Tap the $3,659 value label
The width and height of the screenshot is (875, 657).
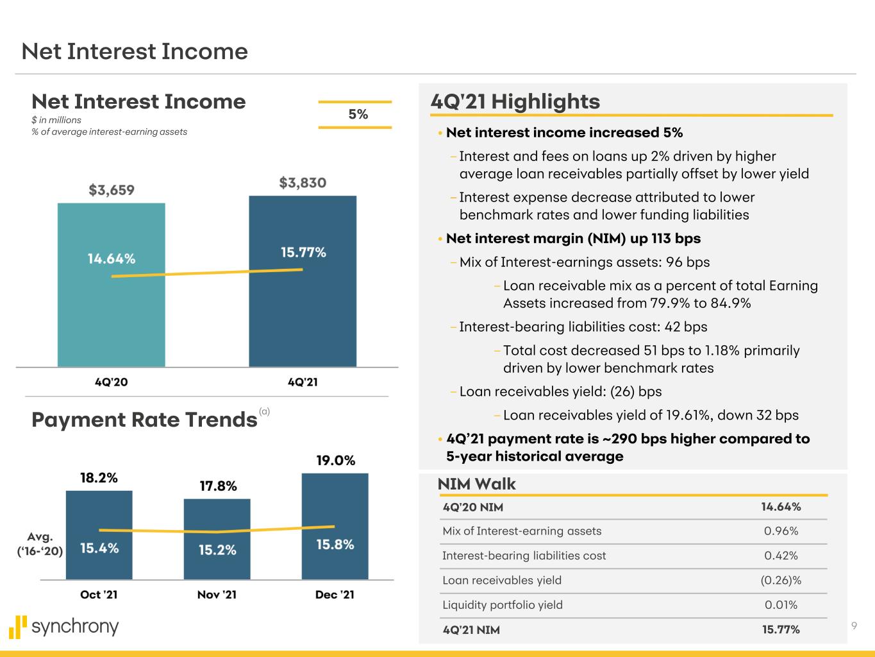point(112,190)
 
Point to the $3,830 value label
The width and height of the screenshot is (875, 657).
point(303,183)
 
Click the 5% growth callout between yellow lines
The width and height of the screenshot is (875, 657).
point(358,114)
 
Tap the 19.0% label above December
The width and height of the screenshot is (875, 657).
point(335,461)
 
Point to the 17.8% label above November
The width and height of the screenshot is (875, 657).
point(218,486)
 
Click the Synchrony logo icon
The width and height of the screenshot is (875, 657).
point(18,627)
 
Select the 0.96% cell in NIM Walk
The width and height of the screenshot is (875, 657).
point(781,531)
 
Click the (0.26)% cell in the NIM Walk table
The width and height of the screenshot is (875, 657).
point(781,581)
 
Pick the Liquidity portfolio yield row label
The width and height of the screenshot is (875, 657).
point(503,605)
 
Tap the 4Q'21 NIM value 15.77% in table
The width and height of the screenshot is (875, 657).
point(781,630)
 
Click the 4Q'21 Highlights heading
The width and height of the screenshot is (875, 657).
point(515,101)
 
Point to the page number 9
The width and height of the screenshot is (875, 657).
point(854,626)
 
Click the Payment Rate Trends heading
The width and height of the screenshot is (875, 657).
point(144,420)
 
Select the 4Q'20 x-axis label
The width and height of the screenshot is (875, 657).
point(111,382)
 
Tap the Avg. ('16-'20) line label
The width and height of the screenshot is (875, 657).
point(40,543)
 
